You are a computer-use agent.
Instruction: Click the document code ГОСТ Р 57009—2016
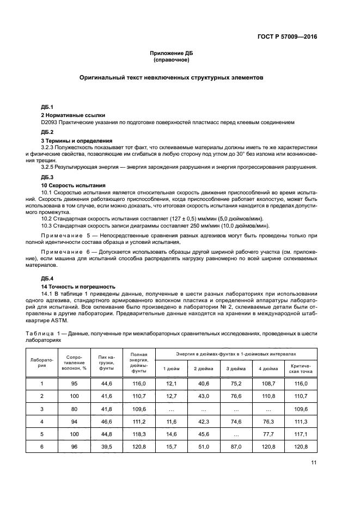pyautogui.click(x=288, y=36)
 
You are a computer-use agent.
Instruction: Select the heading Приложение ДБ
pyautogui.click(x=172, y=53)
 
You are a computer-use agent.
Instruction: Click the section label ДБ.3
pyautogui.click(x=47, y=178)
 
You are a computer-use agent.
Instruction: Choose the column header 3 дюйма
pyautogui.click(x=235, y=369)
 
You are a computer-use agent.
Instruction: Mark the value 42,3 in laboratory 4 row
pyautogui.click(x=203, y=421)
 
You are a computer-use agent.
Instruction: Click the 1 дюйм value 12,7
pyautogui.click(x=171, y=396)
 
